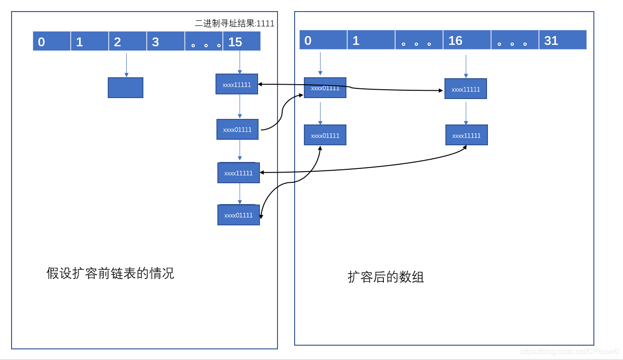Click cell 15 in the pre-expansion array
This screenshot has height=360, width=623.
click(x=241, y=41)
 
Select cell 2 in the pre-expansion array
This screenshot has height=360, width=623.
click(x=127, y=41)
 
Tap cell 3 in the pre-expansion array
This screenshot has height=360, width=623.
click(x=166, y=41)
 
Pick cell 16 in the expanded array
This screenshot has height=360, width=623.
click(x=467, y=40)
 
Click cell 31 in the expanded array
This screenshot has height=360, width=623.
click(x=562, y=40)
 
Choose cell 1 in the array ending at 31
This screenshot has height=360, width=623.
click(x=371, y=40)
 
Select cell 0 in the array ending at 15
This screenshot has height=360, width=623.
click(x=52, y=41)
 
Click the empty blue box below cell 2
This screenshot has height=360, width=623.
click(x=125, y=87)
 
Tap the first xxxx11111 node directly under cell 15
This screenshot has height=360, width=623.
click(x=237, y=84)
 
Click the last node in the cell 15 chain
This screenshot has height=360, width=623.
click(x=239, y=215)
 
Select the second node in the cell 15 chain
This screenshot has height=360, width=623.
click(x=237, y=130)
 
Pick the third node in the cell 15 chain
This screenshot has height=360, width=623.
click(x=239, y=173)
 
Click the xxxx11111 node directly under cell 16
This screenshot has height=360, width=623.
click(x=466, y=89)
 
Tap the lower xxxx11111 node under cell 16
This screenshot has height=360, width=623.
click(x=466, y=135)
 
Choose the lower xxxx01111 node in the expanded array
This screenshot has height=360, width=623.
click(x=325, y=135)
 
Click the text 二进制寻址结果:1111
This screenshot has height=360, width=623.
click(x=234, y=24)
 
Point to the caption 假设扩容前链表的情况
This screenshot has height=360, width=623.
click(x=110, y=273)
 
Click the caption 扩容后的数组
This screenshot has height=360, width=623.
click(x=386, y=277)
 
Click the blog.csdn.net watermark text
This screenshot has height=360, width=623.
click(x=569, y=352)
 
